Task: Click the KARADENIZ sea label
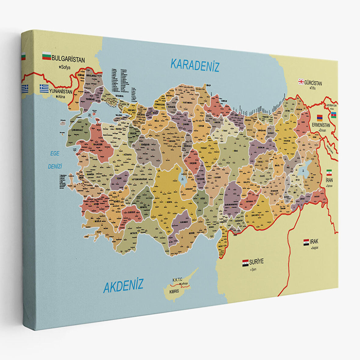(195, 65)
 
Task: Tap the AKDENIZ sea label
(123, 286)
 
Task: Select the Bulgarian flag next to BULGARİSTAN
(46, 56)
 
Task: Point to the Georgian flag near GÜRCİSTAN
(301, 82)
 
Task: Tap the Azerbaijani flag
(333, 115)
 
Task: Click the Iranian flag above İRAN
(329, 172)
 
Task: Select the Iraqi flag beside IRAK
(306, 243)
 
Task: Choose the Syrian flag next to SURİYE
(245, 263)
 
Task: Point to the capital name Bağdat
(315, 248)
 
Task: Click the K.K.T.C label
(177, 279)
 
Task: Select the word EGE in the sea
(55, 154)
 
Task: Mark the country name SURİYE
(256, 261)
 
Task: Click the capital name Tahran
(329, 186)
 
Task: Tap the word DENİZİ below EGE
(55, 167)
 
